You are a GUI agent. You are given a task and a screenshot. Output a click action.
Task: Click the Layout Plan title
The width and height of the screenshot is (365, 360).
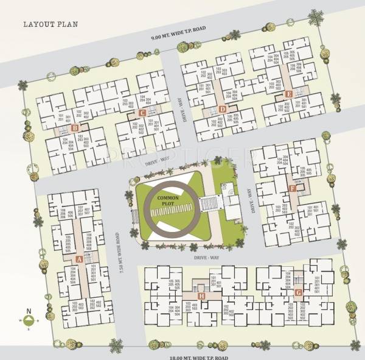coord(49,26)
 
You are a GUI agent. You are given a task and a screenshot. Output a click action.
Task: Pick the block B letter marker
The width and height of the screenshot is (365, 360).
coord(74,128)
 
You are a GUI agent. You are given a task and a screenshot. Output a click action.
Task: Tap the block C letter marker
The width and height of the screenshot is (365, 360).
coord(141,113)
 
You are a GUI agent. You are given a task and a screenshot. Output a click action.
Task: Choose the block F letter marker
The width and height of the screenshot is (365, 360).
coord(293,188)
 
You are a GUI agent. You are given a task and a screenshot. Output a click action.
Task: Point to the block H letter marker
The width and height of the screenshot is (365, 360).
coord(201,297)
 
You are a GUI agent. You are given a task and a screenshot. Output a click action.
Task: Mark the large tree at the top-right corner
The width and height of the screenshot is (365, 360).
coord(316,18)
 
